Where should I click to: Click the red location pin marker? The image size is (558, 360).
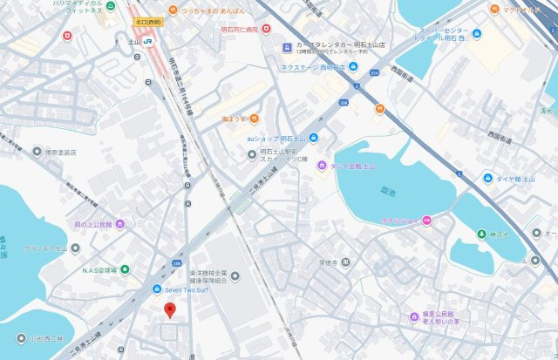[x=170, y=309]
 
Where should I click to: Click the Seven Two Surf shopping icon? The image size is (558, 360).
[x=156, y=289]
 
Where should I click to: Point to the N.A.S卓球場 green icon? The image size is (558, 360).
[x=126, y=268]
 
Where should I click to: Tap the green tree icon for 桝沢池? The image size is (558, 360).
[x=482, y=234]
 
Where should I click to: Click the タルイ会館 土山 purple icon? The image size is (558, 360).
[x=322, y=165]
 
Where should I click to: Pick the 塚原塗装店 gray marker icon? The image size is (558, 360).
[x=37, y=151]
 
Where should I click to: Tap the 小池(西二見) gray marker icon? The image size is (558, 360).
[x=20, y=338]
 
